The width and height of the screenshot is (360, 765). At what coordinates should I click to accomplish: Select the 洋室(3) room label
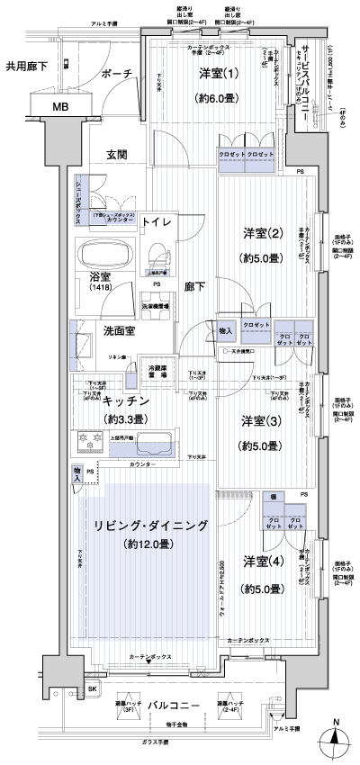(256, 420)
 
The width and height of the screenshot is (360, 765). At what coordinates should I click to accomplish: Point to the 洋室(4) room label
(261, 562)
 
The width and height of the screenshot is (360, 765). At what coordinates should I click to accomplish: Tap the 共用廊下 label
(26, 66)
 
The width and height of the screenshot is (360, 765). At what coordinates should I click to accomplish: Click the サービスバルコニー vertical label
(308, 81)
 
